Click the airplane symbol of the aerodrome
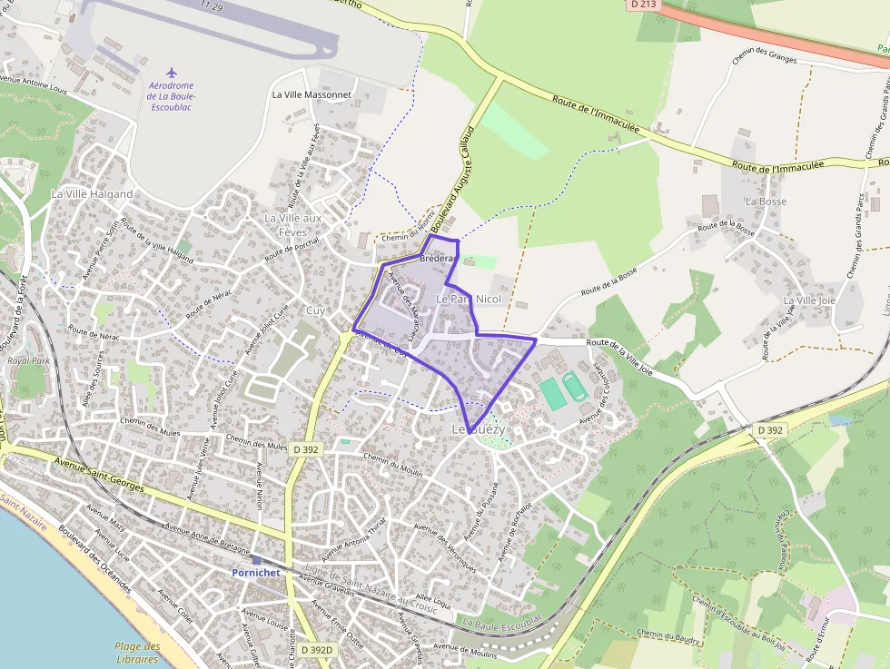172,72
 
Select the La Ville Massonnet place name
311,94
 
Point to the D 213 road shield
642,5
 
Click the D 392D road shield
317,650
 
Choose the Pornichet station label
256,573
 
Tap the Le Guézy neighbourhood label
471,428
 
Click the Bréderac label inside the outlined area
437,259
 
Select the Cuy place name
315,310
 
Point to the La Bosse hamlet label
765,201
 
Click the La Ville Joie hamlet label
808,300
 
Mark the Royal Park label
27,360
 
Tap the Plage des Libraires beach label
137,653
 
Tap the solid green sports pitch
551,392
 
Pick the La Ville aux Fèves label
292,225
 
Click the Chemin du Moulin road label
392,463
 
